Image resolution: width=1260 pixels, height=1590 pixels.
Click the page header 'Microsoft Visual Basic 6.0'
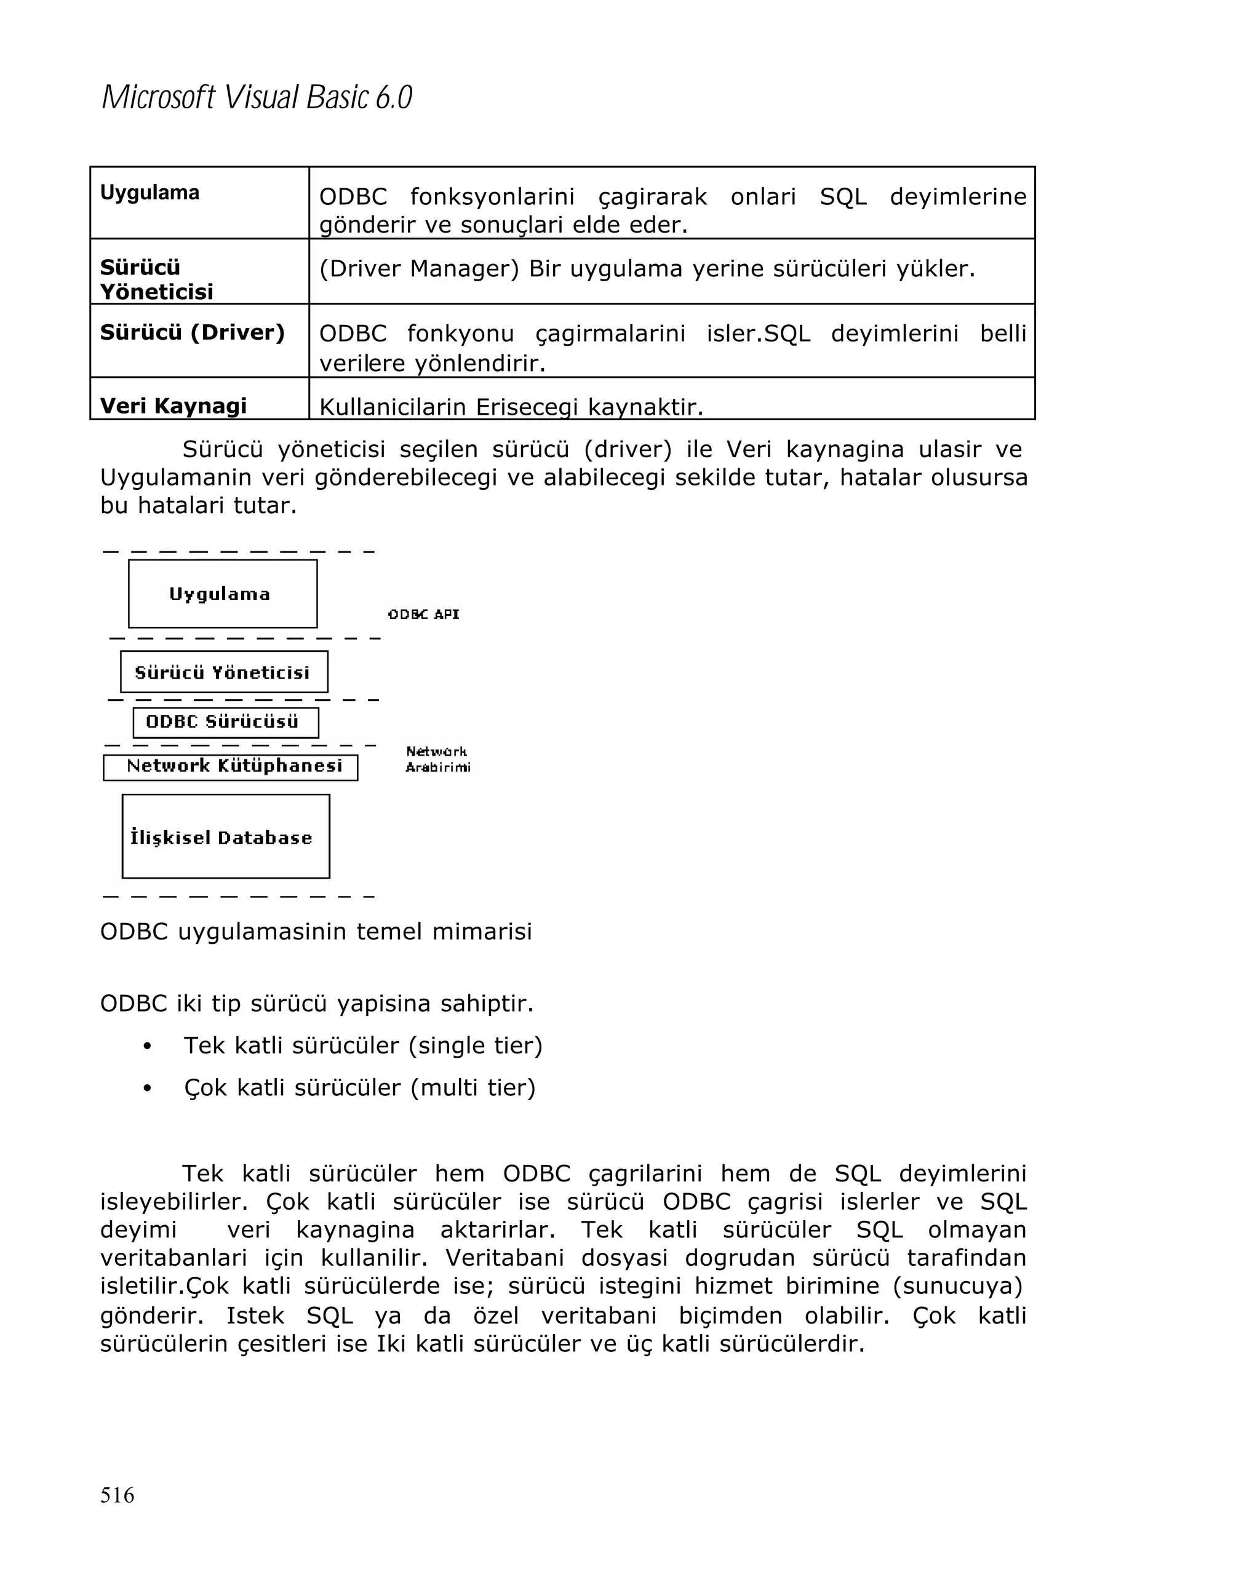tap(257, 97)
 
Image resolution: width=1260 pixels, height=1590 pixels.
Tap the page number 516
tap(118, 1495)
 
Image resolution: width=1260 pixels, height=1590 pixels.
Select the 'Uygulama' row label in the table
tap(150, 193)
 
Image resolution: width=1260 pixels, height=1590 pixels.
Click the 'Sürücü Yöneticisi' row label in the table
tap(156, 279)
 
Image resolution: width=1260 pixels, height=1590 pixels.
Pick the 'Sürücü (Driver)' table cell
tap(193, 333)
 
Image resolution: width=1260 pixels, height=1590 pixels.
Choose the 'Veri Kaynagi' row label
tap(173, 405)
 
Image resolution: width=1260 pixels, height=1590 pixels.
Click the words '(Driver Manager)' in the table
tap(419, 268)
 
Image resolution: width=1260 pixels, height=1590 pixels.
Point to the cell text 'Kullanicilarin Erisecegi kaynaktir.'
tap(511, 406)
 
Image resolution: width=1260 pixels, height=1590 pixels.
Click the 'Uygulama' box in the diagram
tap(222, 594)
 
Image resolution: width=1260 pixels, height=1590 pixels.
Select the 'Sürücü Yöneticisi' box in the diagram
tap(223, 672)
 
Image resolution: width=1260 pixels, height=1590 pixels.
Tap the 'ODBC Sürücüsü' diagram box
tap(225, 722)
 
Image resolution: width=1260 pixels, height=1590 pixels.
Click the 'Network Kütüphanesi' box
tap(230, 767)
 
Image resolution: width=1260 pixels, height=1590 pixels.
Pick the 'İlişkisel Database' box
tap(225, 836)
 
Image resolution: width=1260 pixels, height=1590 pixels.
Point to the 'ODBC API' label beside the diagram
tap(423, 614)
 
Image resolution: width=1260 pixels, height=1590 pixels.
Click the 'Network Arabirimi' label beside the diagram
tap(437, 759)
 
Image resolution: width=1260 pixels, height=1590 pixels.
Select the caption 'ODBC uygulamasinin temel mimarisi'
tap(316, 932)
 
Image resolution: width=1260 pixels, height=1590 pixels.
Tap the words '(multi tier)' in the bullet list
tap(472, 1088)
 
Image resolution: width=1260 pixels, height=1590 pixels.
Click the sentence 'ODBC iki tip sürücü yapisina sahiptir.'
tap(316, 1004)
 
